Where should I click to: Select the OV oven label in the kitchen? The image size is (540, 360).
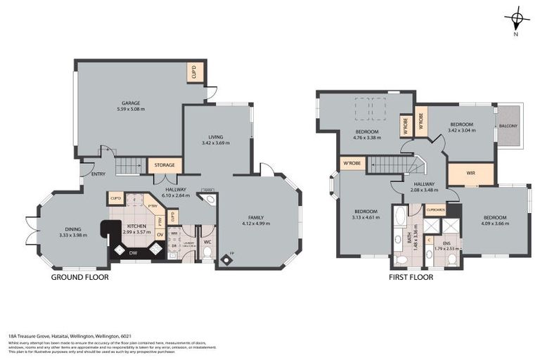click(x=160, y=234)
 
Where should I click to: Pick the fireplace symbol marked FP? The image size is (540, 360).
click(x=226, y=258)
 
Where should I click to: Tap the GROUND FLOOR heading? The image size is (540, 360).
click(x=79, y=277)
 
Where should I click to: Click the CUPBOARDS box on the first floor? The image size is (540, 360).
click(x=436, y=210)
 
